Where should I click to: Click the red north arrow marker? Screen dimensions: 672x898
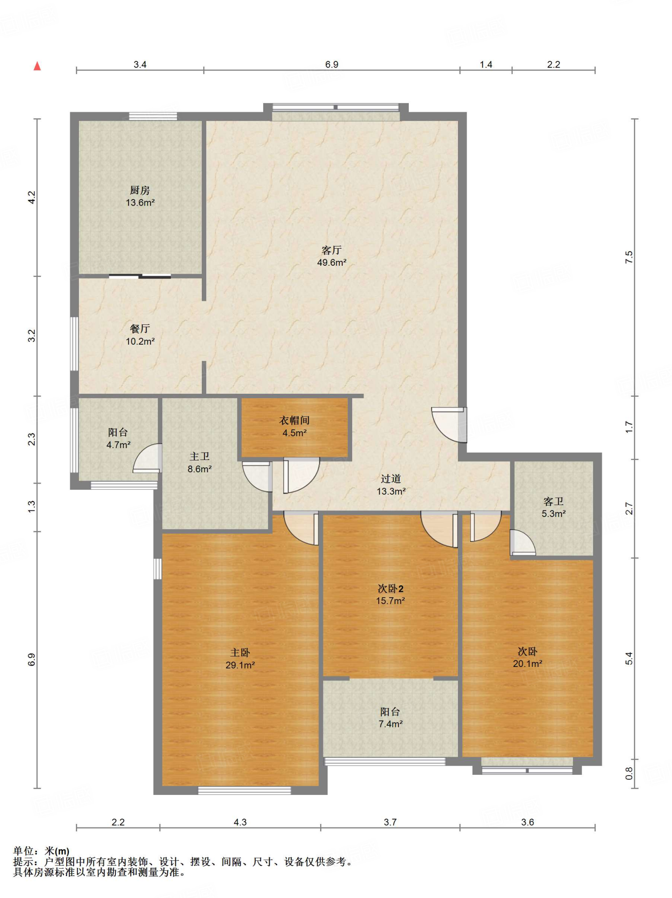point(37,66)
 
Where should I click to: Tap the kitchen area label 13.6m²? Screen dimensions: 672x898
point(140,203)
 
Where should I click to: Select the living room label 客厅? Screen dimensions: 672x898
point(332,250)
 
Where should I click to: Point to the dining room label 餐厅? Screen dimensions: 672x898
point(140,329)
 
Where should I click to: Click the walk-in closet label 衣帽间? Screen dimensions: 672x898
point(295,420)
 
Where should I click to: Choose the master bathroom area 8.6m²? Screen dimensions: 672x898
point(200,469)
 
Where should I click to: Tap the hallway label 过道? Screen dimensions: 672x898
point(391,479)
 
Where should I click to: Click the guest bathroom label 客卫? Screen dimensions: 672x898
point(554,501)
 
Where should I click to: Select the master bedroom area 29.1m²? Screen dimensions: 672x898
point(240,665)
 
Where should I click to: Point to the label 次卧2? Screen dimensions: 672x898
point(390,588)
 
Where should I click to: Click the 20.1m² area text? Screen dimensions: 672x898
point(528,663)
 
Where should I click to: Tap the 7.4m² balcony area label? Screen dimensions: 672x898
point(390,723)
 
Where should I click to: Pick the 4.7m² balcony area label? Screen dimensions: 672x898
point(118,445)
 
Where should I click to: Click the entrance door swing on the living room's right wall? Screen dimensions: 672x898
point(448,424)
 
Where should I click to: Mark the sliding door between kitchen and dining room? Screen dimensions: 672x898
point(140,276)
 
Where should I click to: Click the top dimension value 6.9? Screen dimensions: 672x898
point(332,64)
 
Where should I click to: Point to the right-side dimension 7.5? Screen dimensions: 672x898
point(629,257)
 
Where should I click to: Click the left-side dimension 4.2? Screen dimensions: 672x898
point(31,197)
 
